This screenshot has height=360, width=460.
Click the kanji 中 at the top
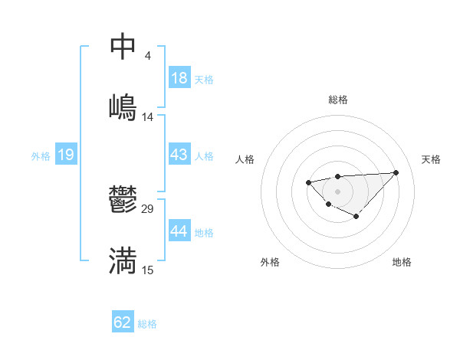tap(123, 47)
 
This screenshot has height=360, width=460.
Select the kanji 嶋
tap(123, 106)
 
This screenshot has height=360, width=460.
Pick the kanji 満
tap(123, 260)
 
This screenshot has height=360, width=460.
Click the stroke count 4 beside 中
tap(147, 56)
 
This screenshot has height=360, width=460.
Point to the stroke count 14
tap(148, 116)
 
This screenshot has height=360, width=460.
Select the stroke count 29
tap(148, 209)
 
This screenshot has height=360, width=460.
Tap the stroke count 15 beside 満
tap(148, 270)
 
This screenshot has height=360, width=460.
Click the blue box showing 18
tap(179, 78)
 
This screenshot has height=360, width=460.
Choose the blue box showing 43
tap(179, 155)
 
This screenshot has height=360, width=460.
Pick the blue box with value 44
tap(179, 231)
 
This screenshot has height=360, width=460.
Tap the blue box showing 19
tap(66, 155)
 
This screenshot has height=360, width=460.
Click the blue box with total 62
tap(123, 322)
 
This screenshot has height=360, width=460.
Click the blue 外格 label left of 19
tap(41, 156)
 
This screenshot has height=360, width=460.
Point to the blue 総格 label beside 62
tap(147, 324)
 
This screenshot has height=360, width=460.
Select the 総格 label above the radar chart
tap(337, 100)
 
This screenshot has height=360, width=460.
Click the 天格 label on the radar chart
tap(431, 159)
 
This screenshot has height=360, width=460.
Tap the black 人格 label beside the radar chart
tap(245, 159)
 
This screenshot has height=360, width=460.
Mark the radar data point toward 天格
tap(396, 172)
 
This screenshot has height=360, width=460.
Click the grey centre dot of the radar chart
tap(337, 191)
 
